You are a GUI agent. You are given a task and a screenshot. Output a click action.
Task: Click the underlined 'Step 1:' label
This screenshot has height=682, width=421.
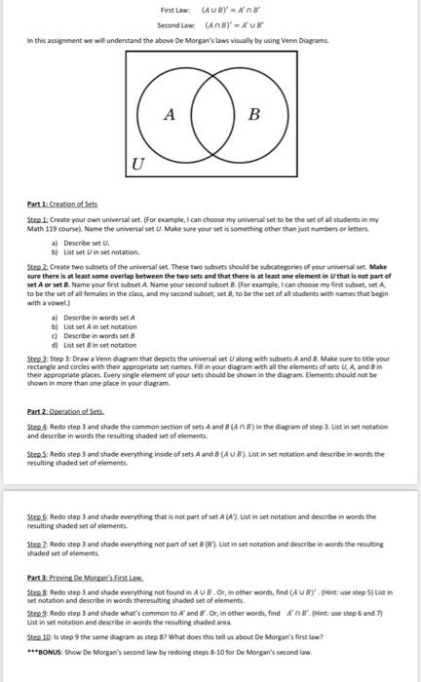pos(38,220)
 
